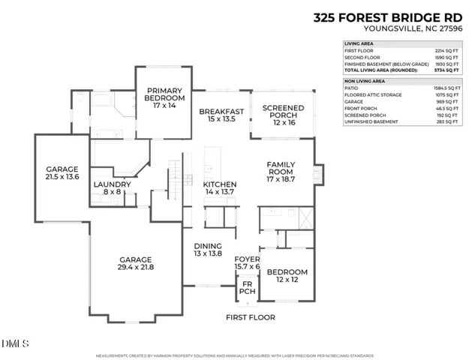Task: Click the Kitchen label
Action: (220, 188)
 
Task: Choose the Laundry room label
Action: (113, 188)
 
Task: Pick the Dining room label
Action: (209, 250)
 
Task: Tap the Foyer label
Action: (247, 262)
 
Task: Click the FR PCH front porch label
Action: (245, 288)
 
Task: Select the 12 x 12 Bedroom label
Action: (287, 275)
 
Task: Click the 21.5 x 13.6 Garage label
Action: (62, 173)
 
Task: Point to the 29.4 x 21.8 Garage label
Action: (135, 263)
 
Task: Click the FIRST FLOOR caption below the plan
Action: (251, 317)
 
